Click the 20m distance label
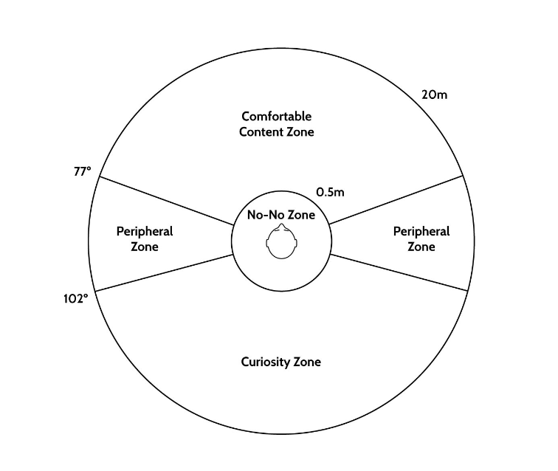point(434,94)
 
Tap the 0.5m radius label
point(330,192)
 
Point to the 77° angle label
point(83,171)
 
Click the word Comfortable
point(277,117)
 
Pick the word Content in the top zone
point(258,132)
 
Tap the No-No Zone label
point(280,216)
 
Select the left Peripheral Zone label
point(145,239)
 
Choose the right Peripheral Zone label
point(421,239)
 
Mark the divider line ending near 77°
point(167,201)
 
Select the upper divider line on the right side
point(396,199)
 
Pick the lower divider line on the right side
point(399,272)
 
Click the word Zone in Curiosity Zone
point(308,362)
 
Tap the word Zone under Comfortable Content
point(300,132)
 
